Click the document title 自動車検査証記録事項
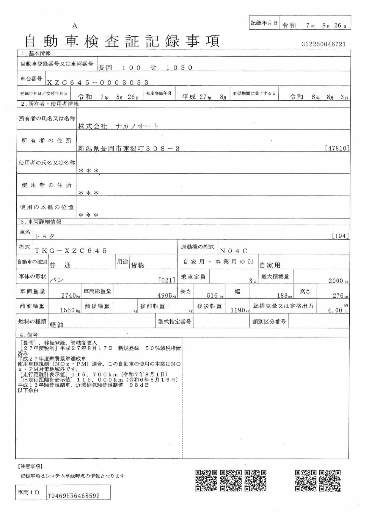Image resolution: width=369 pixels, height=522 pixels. point(122,41)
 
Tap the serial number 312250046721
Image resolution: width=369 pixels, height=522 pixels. point(324,44)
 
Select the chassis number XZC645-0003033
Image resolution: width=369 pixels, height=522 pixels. point(98,82)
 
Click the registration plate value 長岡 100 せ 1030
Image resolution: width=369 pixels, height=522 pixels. point(145,68)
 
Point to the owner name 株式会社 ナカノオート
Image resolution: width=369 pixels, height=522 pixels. point(118,126)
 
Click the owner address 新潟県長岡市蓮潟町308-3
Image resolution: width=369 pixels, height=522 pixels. point(128,149)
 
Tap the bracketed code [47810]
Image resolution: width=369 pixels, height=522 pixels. point(337,148)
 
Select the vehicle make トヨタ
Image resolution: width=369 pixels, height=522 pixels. point(45,236)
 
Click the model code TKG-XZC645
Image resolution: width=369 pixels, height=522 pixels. point(70,251)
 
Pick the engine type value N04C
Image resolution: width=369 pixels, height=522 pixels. point(234,251)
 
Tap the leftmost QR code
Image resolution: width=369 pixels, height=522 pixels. point(206,480)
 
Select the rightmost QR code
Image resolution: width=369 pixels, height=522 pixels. point(330,480)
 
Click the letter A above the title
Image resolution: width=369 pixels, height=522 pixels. point(75,26)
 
